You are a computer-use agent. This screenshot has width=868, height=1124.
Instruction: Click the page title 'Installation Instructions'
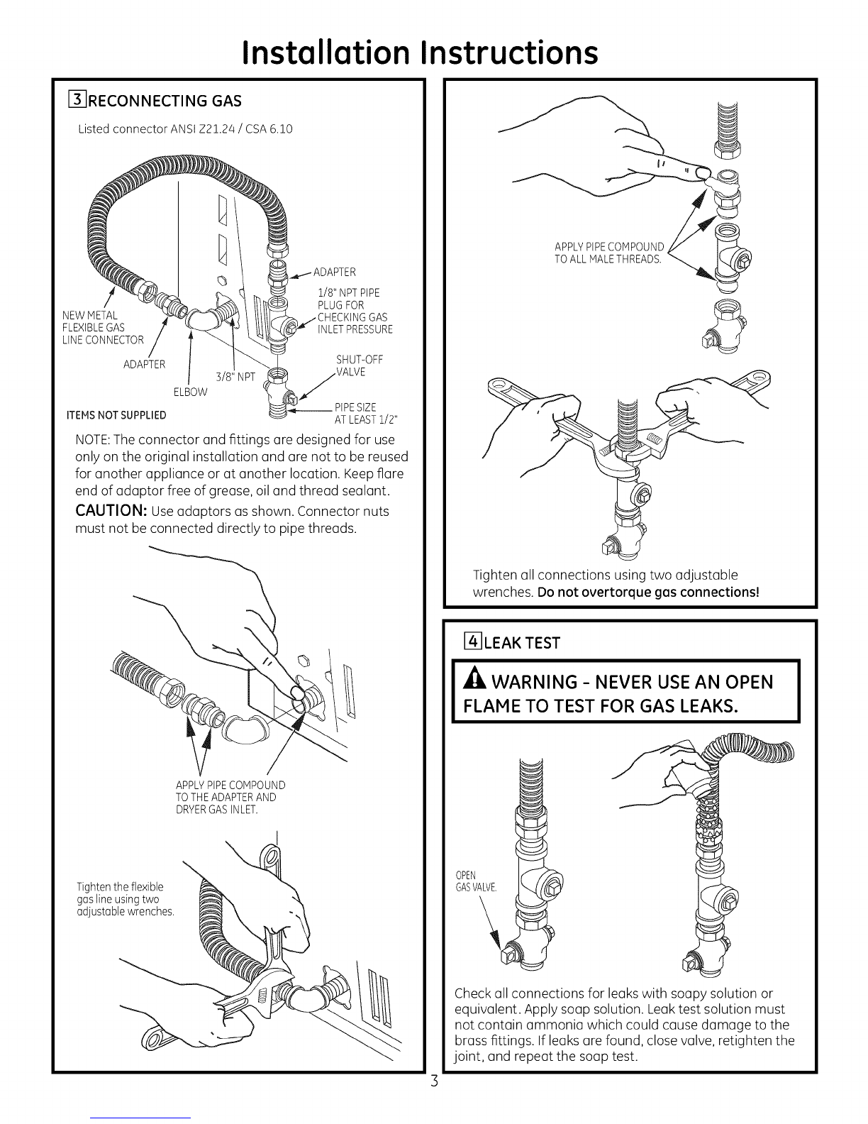point(418,52)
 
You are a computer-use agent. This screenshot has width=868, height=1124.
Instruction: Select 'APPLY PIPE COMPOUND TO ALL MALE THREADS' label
point(609,253)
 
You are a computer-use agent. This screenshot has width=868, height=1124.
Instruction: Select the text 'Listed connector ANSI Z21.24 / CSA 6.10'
point(184,129)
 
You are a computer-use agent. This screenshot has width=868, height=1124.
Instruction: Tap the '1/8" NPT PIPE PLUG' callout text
point(348,299)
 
